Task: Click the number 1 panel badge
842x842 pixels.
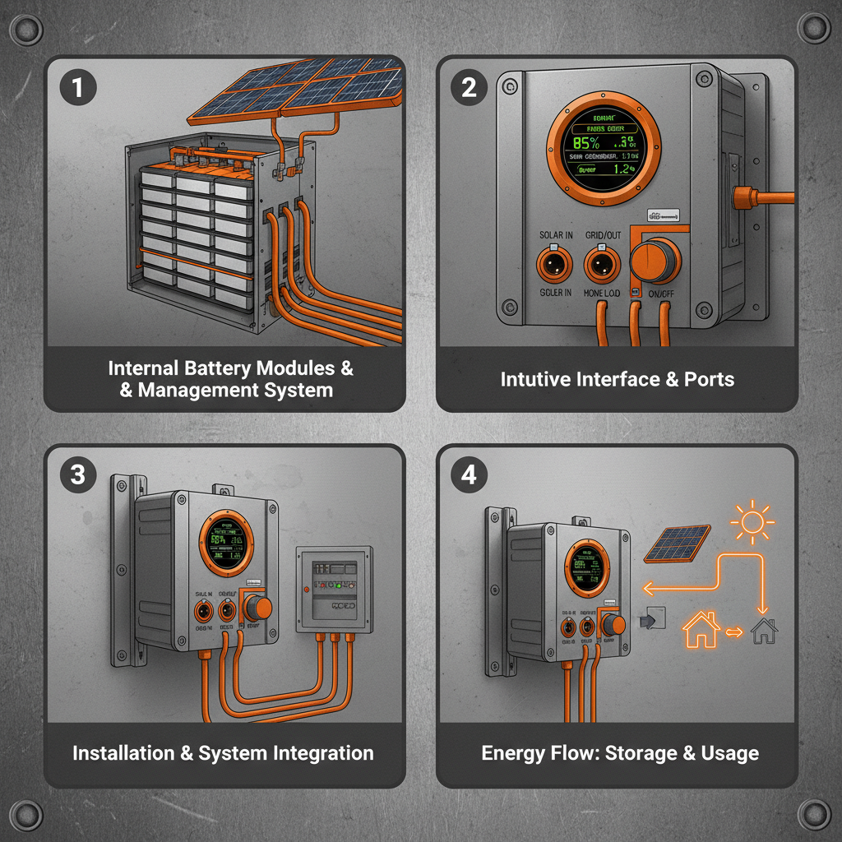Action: pyautogui.click(x=78, y=88)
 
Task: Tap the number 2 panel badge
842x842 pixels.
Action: pyautogui.click(x=469, y=88)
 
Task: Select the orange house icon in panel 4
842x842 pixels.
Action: pyautogui.click(x=701, y=631)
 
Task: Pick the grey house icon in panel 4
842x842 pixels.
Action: pyautogui.click(x=764, y=631)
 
